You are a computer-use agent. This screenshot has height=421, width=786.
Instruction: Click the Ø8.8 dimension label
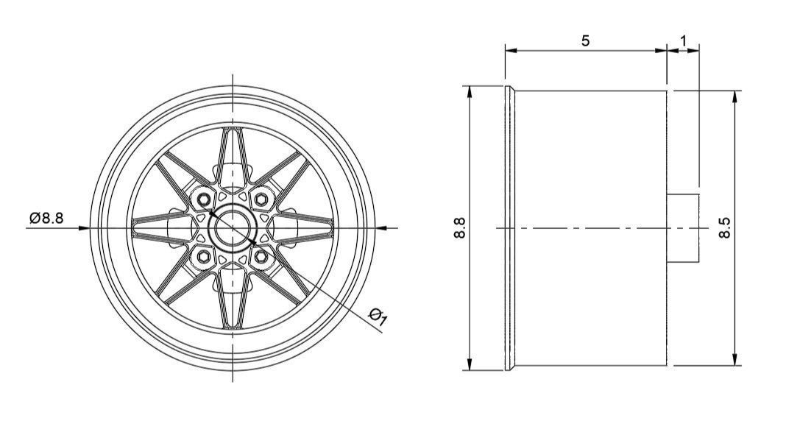click(x=46, y=218)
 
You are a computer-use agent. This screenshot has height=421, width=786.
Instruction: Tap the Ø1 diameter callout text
click(x=378, y=317)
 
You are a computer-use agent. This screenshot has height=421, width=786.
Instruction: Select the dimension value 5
click(x=585, y=40)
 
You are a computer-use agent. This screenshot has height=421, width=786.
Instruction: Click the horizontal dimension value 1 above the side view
click(x=684, y=40)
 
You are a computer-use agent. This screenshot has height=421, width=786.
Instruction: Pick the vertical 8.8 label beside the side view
click(x=461, y=228)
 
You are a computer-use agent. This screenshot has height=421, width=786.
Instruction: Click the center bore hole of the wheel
click(x=233, y=227)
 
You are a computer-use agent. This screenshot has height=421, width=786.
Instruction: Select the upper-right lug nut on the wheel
click(x=262, y=199)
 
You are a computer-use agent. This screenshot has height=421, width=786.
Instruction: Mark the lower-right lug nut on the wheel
click(x=262, y=257)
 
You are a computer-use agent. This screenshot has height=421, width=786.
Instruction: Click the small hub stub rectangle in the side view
click(x=683, y=227)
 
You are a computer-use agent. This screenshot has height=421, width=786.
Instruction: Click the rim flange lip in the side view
click(x=509, y=228)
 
